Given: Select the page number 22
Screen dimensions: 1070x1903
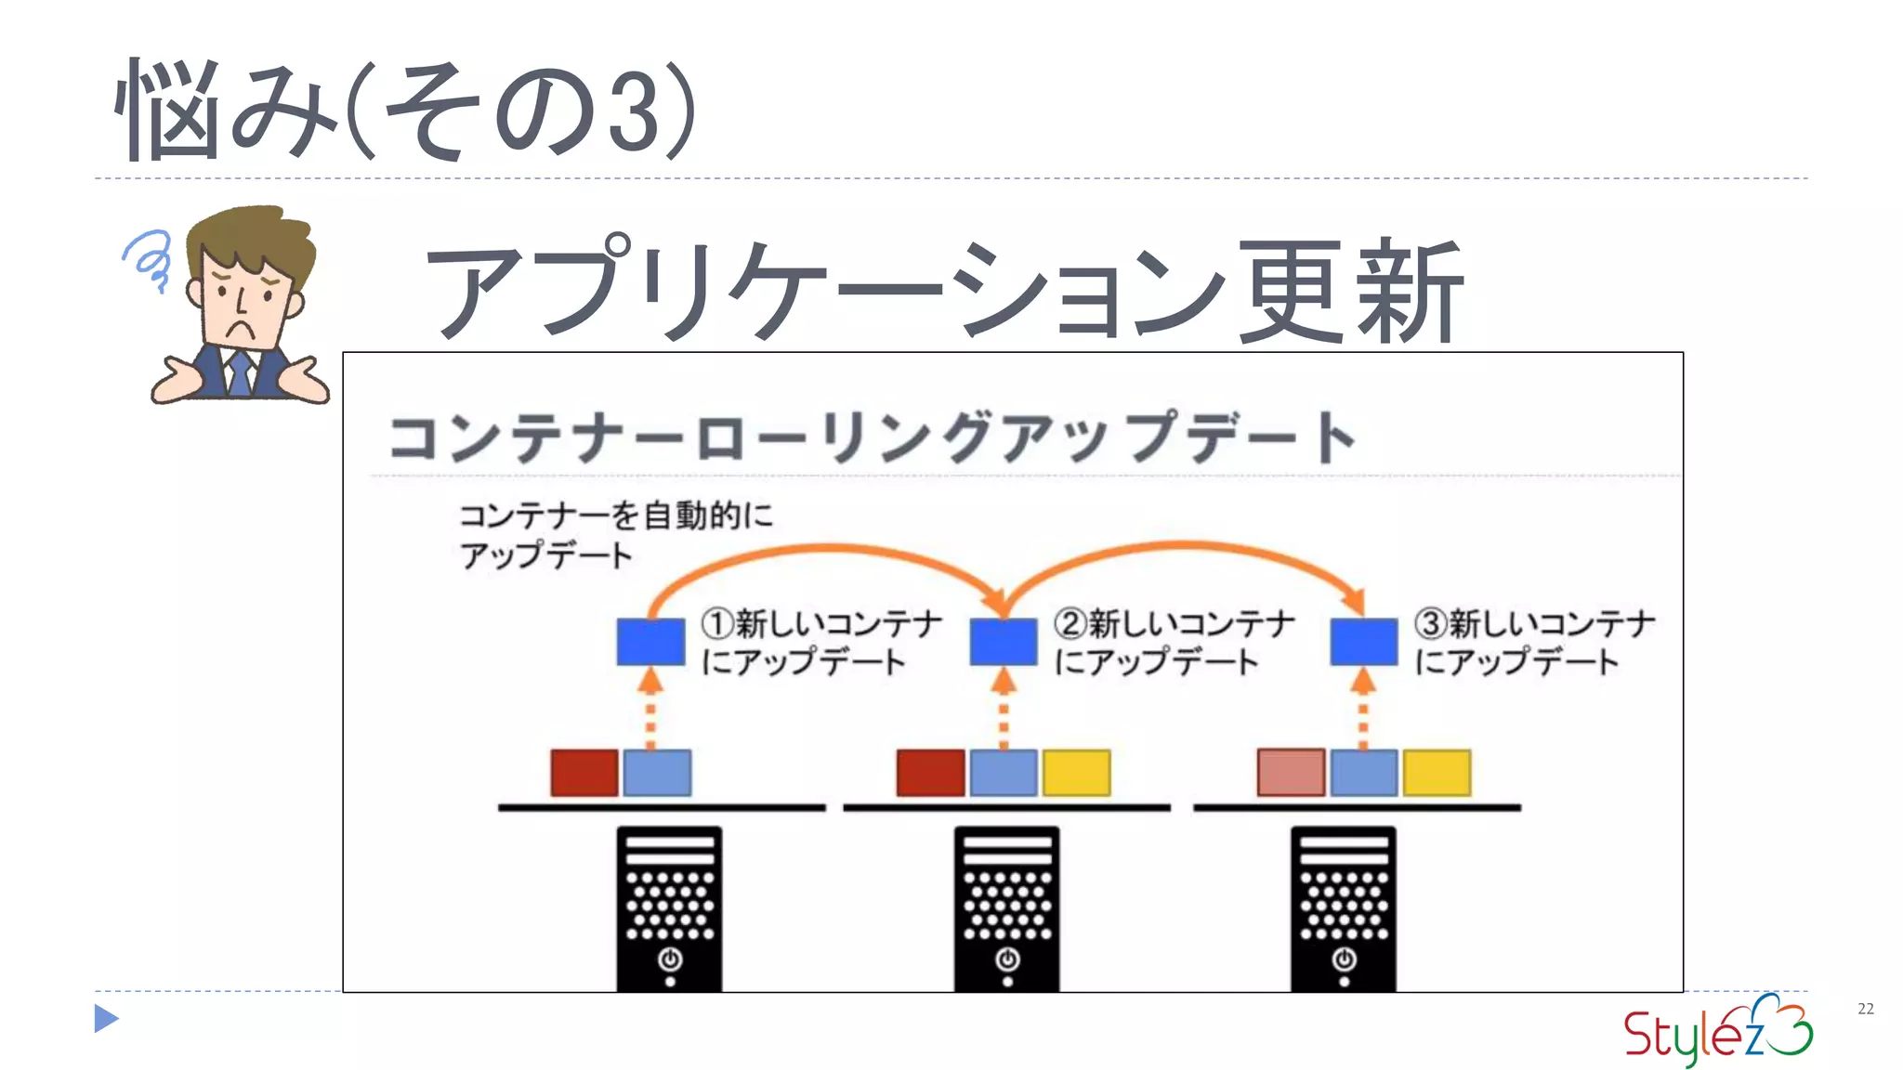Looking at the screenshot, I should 1865,1009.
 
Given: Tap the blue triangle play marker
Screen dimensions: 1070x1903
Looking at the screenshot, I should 106,1019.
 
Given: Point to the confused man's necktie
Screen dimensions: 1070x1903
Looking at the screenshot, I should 241,373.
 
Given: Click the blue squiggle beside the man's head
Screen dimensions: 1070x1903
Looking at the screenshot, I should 149,257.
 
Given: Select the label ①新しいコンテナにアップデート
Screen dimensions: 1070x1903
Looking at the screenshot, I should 821,642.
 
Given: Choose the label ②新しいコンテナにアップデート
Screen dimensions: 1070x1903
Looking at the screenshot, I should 1174,642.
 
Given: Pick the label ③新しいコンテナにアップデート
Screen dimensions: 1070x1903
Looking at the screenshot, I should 1534,642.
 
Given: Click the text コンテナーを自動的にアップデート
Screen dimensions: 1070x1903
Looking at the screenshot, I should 615,535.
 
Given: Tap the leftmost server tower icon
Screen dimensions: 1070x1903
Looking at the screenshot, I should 669,908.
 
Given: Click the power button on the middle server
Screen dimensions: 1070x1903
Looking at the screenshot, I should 1007,959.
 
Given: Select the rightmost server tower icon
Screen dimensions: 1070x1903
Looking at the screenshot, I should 1344,908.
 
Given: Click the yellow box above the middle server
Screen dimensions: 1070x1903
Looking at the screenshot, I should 1076,773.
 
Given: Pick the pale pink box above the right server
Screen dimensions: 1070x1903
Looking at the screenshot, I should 1291,773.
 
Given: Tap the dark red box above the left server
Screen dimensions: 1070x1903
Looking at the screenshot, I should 584,773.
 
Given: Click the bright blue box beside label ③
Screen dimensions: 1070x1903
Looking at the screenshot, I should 1363,642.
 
